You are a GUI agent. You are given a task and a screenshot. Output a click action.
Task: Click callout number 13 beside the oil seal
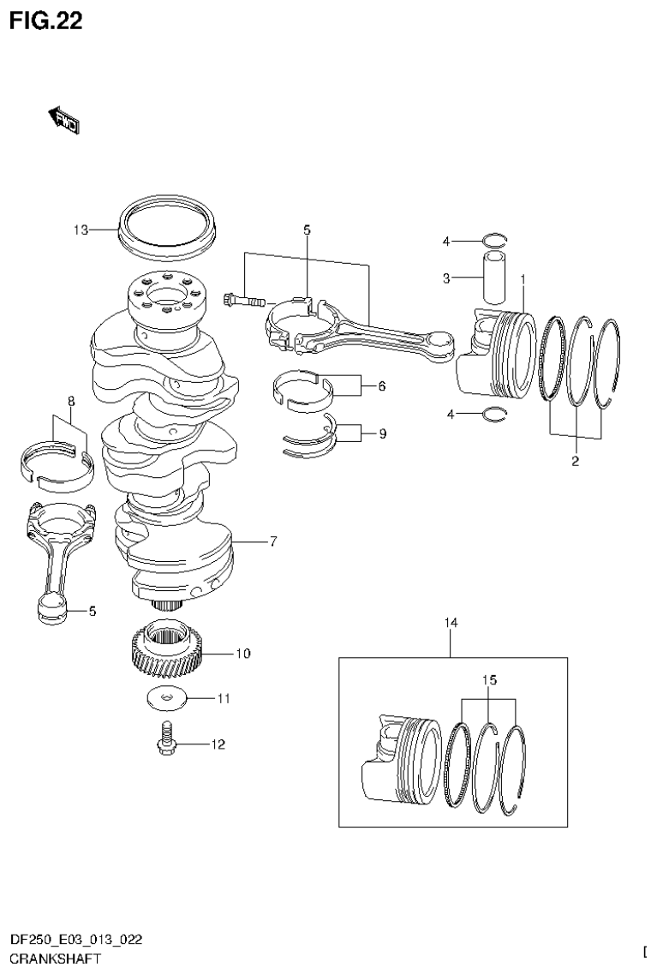coord(81,230)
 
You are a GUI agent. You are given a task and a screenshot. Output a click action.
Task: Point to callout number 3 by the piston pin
coord(445,278)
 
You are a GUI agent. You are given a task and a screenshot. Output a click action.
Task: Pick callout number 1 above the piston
coord(523,278)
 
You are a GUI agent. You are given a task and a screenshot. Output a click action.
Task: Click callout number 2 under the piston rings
coord(576,462)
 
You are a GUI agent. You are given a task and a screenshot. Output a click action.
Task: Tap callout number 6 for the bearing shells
coord(381,386)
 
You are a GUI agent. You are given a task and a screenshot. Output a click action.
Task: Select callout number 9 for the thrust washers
coord(381,434)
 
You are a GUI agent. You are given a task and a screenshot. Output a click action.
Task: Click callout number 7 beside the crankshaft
coord(272,541)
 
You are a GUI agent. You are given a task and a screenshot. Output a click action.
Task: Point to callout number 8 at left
coord(71,400)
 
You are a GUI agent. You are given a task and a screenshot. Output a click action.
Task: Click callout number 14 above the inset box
coord(451,623)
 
